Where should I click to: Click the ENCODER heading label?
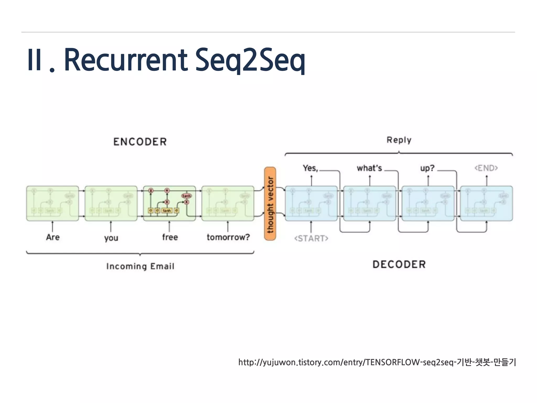(x=140, y=142)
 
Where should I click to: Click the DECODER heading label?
(x=399, y=264)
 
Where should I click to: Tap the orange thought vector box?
(x=270, y=204)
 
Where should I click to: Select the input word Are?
(x=53, y=237)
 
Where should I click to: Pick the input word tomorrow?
(x=228, y=237)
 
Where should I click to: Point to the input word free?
(x=170, y=237)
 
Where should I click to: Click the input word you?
(x=111, y=238)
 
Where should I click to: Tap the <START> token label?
(x=311, y=238)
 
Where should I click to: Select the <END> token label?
(x=486, y=168)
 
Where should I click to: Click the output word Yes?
(x=310, y=168)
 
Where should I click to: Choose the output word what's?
(x=369, y=168)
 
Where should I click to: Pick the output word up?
(x=427, y=168)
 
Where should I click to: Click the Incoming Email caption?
(x=140, y=266)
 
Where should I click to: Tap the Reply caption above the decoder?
(x=399, y=140)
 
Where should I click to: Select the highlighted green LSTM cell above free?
(x=169, y=204)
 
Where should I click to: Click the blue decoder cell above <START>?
(x=311, y=204)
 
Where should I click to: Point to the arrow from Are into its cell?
(x=53, y=226)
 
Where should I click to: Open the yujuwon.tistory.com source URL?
(x=377, y=362)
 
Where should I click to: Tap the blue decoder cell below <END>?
(x=486, y=204)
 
